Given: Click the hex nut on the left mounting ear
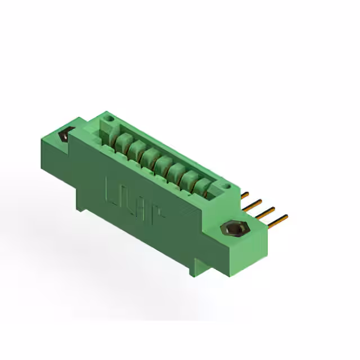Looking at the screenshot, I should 65,136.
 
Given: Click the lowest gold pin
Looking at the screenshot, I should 278,219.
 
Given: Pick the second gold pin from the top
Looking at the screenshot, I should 254,202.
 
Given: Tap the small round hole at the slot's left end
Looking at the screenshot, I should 110,119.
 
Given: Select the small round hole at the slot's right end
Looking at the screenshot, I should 226,184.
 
